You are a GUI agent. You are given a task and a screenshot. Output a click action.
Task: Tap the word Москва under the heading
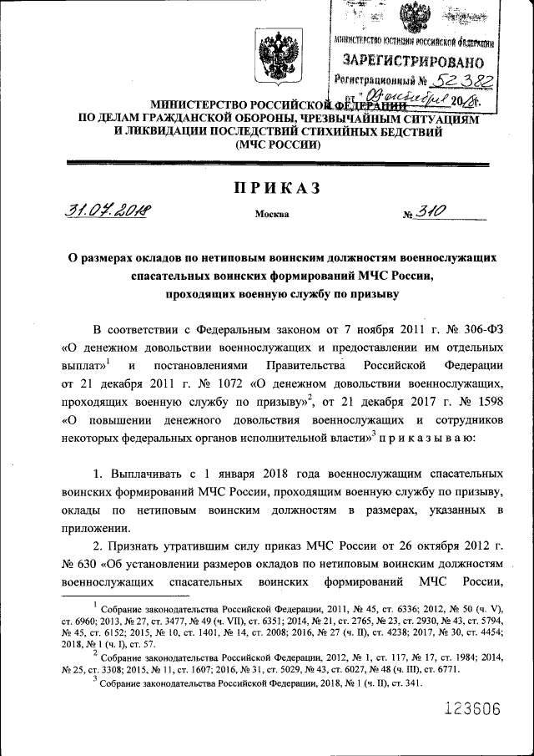pyautogui.click(x=272, y=214)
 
